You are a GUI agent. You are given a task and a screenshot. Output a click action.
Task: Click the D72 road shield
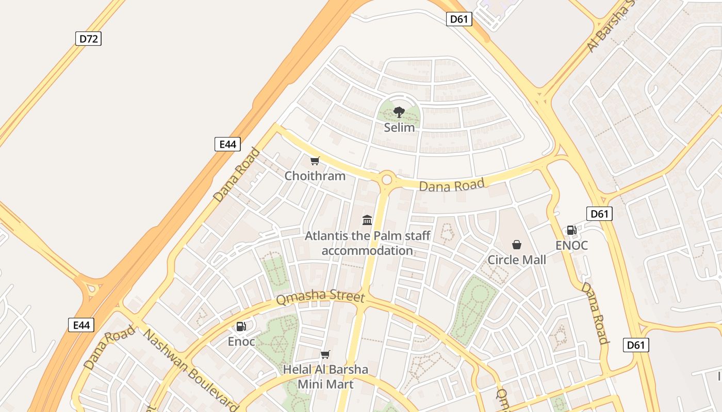(88, 39)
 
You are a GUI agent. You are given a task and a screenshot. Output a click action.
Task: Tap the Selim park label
(399, 127)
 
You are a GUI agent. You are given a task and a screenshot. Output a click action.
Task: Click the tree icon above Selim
(399, 112)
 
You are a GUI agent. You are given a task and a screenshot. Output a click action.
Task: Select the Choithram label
(315, 176)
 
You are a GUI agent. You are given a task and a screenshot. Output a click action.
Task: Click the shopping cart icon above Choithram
(315, 161)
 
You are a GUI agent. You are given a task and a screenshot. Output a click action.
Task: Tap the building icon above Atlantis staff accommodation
(367, 220)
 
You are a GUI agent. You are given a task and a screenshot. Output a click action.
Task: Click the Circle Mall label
(517, 260)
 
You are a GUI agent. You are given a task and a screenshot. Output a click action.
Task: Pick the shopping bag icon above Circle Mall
(517, 245)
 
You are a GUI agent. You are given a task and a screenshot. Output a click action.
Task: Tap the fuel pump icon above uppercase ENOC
(571, 230)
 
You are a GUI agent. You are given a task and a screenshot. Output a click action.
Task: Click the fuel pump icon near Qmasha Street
(241, 326)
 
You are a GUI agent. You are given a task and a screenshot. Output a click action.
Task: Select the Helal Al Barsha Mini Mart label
(325, 376)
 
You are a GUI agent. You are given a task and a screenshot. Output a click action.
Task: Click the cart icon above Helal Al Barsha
(325, 354)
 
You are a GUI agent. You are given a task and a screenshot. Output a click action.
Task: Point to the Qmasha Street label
(320, 298)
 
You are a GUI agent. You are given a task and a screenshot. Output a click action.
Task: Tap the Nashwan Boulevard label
(190, 369)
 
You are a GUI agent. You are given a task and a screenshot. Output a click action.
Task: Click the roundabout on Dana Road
(387, 180)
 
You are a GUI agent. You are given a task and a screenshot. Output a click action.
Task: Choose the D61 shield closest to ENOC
(599, 214)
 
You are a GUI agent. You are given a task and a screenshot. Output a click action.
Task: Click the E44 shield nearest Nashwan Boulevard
(81, 325)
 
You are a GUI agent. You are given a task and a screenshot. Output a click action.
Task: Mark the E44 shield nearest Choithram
(227, 144)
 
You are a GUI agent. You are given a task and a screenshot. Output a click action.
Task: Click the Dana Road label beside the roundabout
(452, 185)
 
